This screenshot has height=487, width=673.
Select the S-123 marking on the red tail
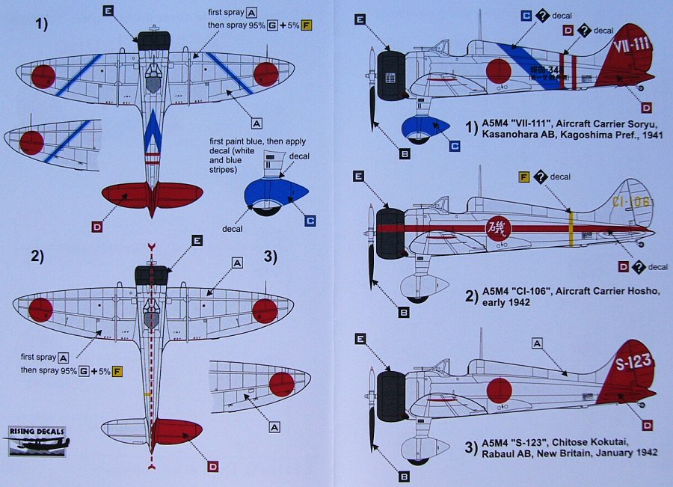click(x=632, y=362)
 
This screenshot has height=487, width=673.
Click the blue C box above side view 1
click(x=526, y=16)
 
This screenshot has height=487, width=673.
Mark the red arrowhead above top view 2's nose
click(x=152, y=245)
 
